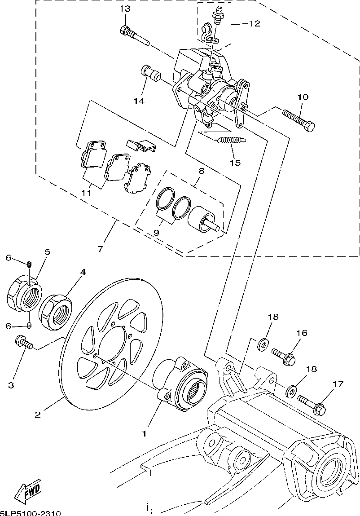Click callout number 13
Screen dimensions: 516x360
tap(125, 9)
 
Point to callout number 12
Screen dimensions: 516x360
tap(255, 23)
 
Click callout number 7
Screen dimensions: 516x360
tap(100, 248)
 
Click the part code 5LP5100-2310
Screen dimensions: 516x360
tap(31, 513)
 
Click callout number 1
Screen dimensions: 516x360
tap(145, 434)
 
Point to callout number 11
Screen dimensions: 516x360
tap(87, 193)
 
